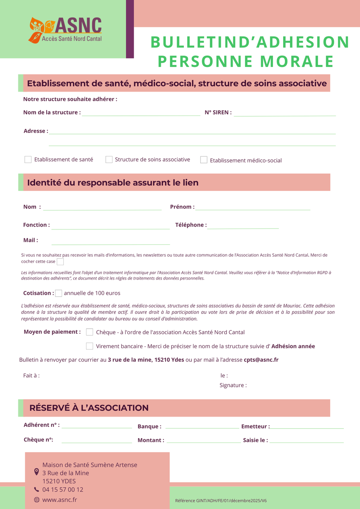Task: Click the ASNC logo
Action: pyautogui.click(x=65, y=29)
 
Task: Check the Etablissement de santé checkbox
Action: pyautogui.click(x=28, y=159)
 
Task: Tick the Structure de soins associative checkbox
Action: pyautogui.click(x=109, y=159)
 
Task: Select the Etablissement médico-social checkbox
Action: pyautogui.click(x=204, y=160)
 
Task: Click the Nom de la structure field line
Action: pyautogui.click(x=141, y=115)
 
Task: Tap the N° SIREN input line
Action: pyautogui.click(x=284, y=115)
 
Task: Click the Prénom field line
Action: pyautogui.click(x=253, y=209)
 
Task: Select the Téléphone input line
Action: pyautogui.click(x=243, y=227)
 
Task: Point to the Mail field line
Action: pyautogui.click(x=110, y=243)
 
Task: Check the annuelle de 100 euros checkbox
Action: pyautogui.click(x=59, y=293)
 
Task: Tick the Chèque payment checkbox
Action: pyautogui.click(x=90, y=332)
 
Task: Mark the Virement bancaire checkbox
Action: pyautogui.click(x=90, y=346)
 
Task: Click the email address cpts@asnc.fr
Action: pyautogui.click(x=261, y=360)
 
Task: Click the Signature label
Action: pyautogui.click(x=233, y=385)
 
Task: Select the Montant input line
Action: pyautogui.click(x=203, y=442)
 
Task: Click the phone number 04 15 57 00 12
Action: pyautogui.click(x=63, y=489)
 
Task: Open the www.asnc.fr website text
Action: pyautogui.click(x=59, y=500)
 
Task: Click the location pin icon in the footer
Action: pyautogui.click(x=37, y=472)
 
